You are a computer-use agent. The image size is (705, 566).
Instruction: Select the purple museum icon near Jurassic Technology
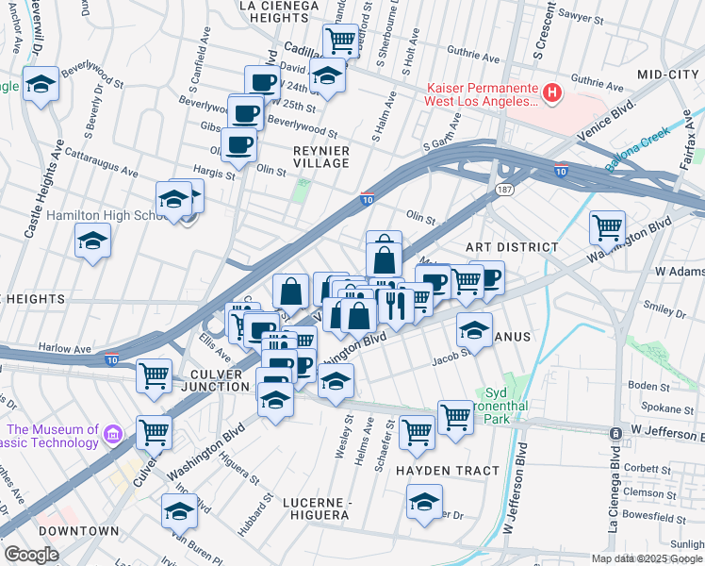pos(113,434)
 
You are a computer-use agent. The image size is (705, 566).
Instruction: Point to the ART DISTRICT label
pos(514,246)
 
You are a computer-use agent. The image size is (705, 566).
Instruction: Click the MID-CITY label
pos(670,74)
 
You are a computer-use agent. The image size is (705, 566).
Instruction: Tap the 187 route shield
pos(505,191)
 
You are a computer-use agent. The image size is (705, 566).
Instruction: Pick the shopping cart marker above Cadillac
pos(340,41)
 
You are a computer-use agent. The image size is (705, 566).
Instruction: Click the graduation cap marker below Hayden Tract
pos(425,501)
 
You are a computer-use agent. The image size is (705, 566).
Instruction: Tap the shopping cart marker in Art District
pos(607,226)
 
